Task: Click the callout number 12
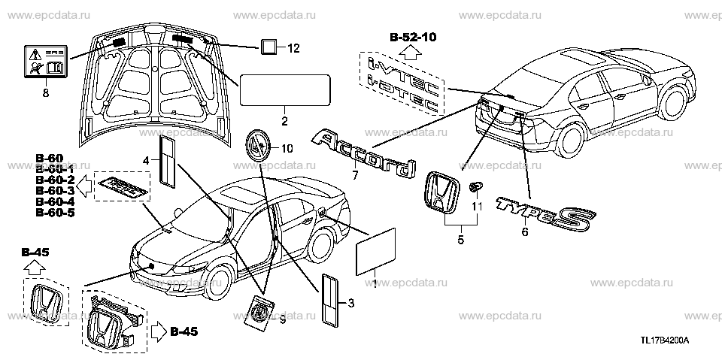tap(293, 49)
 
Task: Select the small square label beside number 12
tap(269, 47)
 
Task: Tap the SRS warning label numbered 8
tap(44, 64)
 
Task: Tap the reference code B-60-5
tap(55, 214)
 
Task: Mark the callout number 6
tap(525, 232)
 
